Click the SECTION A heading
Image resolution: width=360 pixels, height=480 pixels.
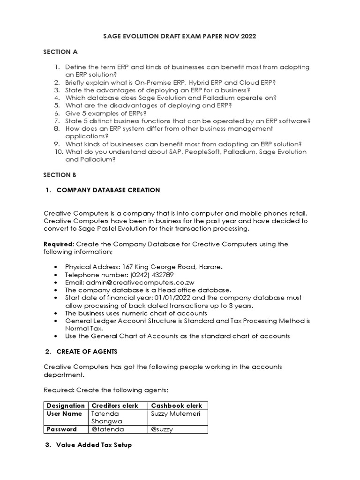60,52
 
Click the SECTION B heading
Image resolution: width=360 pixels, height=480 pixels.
60,174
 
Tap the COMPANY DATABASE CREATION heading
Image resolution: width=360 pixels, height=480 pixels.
108,190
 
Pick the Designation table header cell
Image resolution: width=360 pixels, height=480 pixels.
66,405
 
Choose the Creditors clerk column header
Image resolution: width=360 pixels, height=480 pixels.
115,405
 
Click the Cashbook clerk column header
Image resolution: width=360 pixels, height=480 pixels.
177,405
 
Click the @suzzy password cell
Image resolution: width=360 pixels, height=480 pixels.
162,429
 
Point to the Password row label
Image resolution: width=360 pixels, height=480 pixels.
61,429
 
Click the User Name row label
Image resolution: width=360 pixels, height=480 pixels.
64,413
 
